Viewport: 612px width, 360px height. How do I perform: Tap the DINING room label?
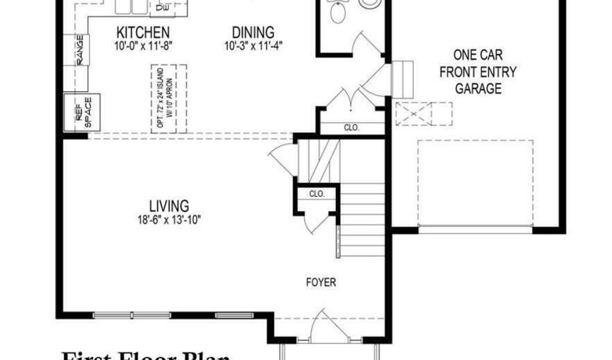tap(252, 33)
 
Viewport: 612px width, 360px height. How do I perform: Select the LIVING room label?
tap(169, 206)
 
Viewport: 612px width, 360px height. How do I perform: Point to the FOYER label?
tap(321, 282)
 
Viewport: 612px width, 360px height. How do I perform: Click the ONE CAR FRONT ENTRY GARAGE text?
tap(478, 71)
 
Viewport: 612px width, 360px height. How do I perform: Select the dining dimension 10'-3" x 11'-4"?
tap(253, 46)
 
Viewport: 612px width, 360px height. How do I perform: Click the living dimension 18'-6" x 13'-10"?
tap(169, 219)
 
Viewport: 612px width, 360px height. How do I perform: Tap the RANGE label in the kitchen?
tap(80, 50)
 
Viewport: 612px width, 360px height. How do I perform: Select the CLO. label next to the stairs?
tap(317, 194)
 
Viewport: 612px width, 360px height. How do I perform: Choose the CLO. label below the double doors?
tap(351, 127)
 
